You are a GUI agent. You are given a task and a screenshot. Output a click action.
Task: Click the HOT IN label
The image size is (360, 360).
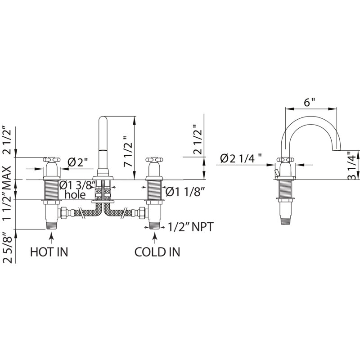[x=49, y=252]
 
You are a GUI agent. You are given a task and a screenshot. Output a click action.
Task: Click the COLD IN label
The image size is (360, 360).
[x=157, y=252]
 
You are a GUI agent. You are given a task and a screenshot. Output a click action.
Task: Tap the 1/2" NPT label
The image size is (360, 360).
[x=191, y=227]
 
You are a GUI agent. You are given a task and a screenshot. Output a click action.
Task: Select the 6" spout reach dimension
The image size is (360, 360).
[x=310, y=102]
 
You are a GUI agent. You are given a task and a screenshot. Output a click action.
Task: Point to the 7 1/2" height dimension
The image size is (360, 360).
[x=128, y=151]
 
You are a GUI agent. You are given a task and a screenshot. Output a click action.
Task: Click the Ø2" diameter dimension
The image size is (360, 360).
[x=78, y=163]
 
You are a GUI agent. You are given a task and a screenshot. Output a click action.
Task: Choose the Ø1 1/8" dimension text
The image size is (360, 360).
[x=184, y=192]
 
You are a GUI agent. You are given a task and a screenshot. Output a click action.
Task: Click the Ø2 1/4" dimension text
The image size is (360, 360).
[x=241, y=158]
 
